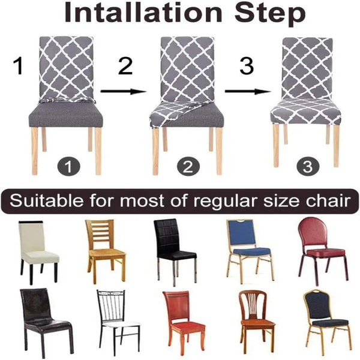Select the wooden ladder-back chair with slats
(x=106, y=249)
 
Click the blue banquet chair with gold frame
(x=248, y=249)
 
